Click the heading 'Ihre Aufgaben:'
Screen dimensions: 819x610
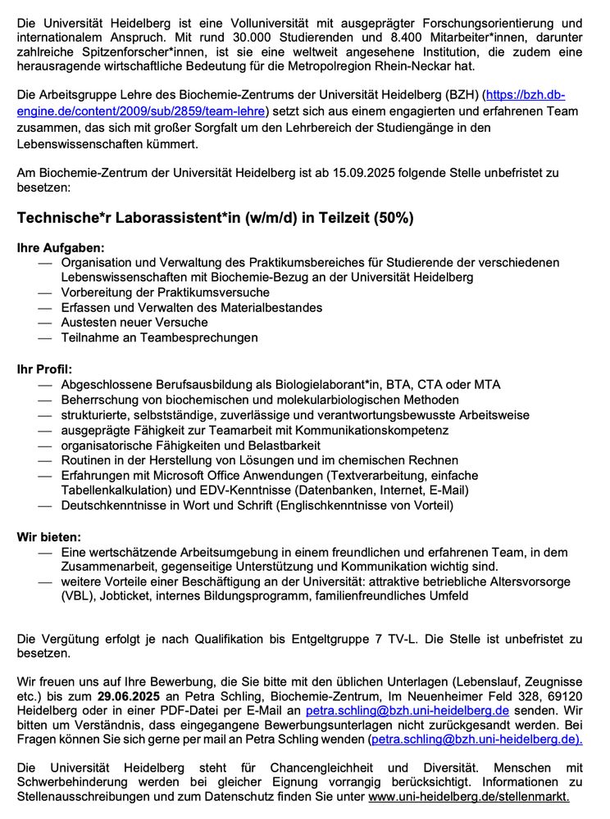[61, 247]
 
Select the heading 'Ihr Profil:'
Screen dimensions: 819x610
[44, 369]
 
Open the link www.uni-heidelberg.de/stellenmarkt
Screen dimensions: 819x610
[468, 796]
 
